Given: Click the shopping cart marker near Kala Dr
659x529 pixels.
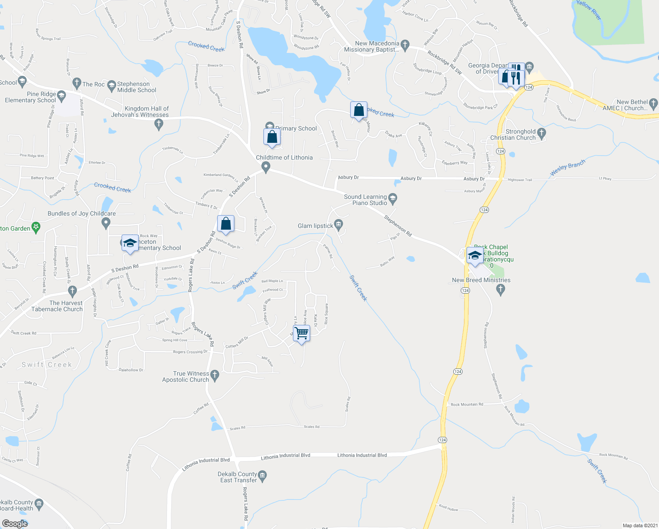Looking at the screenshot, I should pos(302,333).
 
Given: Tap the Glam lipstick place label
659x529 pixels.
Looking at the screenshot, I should pos(315,226).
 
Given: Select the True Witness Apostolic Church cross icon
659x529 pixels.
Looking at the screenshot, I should pos(215,376).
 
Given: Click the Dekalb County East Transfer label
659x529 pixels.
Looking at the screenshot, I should pos(238,477).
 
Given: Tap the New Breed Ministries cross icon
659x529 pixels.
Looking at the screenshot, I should pos(500,290).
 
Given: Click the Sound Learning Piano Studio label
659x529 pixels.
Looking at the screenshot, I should pos(365,200).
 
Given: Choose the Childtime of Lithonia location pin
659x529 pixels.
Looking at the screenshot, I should pos(266,167).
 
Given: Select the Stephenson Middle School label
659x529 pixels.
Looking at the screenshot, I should pos(137,87).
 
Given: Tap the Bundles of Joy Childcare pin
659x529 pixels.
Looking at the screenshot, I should pos(106,224).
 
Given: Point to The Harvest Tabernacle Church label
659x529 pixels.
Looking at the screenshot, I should pos(57,306).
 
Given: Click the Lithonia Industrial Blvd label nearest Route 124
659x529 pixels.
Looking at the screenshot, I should pos(362,455).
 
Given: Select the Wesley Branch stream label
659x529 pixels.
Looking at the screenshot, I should pos(568,168).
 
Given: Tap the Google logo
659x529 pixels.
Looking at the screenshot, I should pos(15,524).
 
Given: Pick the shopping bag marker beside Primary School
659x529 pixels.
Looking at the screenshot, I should pos(272,137).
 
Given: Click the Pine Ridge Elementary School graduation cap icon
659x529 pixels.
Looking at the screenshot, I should pos(61,95).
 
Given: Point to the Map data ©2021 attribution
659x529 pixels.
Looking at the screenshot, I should pos(640,525).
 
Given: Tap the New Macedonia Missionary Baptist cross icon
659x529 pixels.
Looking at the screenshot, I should pos(405,45).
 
